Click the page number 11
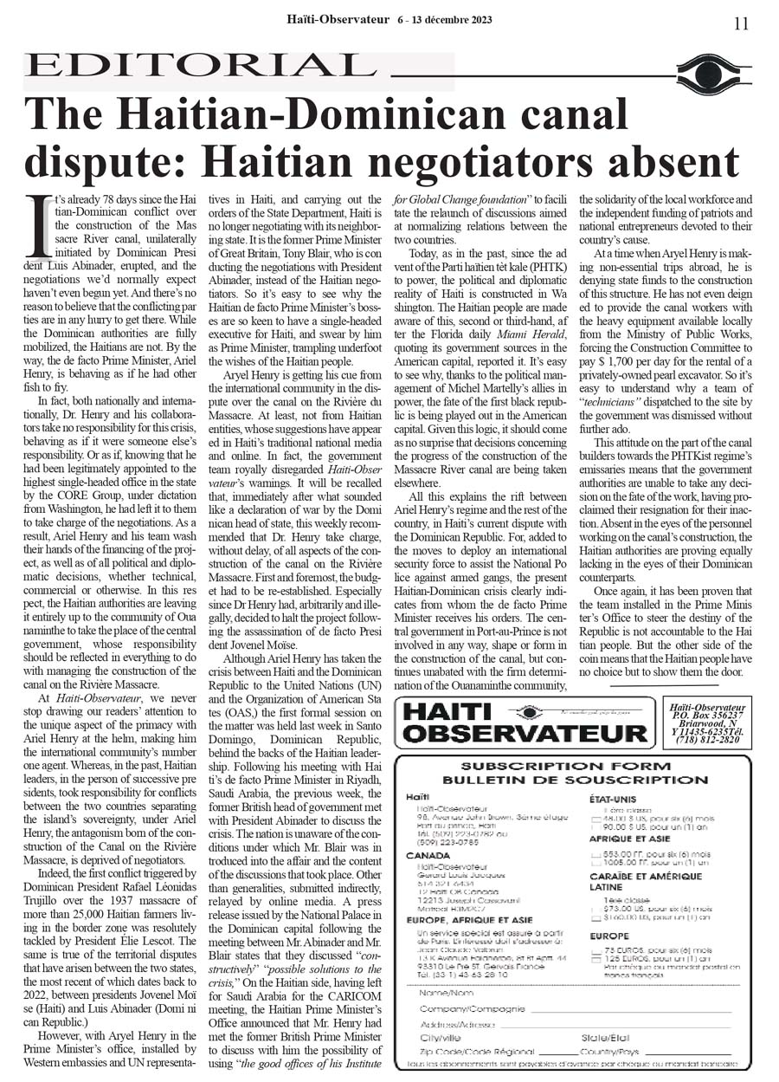tap(741, 23)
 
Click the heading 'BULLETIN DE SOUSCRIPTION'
tap(566, 780)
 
